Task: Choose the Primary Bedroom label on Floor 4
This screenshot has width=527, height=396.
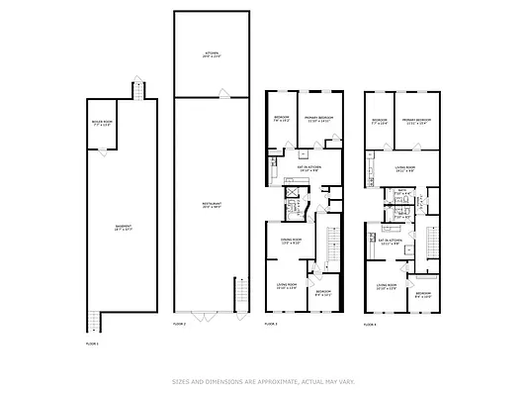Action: coord(416,121)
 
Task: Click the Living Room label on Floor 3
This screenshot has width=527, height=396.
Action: coord(287,287)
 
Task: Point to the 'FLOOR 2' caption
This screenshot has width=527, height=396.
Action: coord(179,324)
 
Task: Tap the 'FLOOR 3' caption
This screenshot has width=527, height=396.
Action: coord(271,324)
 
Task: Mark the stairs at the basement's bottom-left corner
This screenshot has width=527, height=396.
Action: coord(95,320)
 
